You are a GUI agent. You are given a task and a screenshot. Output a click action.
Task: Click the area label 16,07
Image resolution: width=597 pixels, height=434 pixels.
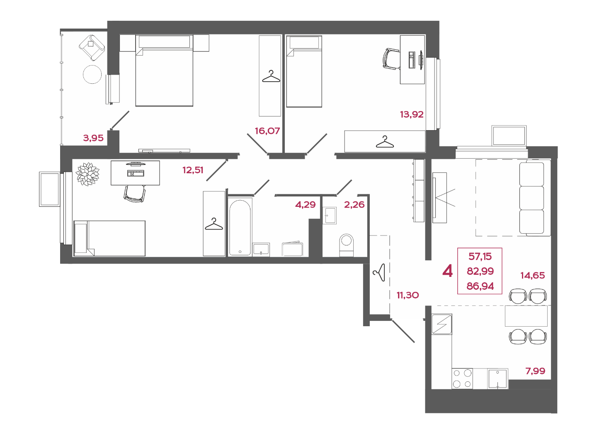pos(267,131)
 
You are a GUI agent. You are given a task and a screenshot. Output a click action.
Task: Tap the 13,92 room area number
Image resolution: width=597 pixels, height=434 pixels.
pos(412,114)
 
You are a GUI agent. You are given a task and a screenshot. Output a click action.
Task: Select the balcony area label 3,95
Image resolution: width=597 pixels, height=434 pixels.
pos(93,138)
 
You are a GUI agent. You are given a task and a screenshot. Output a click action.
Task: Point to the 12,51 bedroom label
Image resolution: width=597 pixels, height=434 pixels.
pos(193,170)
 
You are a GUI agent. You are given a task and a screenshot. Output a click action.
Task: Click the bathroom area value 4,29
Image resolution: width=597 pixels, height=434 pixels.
pos(306,205)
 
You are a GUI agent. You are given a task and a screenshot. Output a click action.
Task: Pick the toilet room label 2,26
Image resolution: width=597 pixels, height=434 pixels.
pos(354,205)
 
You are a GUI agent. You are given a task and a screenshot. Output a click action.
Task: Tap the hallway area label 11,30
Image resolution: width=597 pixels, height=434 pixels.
pos(408,295)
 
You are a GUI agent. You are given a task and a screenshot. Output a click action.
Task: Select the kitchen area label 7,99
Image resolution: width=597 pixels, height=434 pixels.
pos(536,371)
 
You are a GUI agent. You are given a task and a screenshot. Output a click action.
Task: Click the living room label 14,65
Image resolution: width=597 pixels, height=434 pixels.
pos(533,275)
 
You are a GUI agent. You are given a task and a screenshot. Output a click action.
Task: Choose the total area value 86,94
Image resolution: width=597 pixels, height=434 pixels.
pos(480,286)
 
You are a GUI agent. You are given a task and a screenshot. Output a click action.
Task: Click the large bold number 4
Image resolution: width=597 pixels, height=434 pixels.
pos(447,272)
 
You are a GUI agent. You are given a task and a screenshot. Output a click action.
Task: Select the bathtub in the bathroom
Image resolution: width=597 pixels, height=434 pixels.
pos(240,228)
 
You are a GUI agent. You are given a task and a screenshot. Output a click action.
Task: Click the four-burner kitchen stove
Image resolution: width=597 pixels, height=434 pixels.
pos(462,378)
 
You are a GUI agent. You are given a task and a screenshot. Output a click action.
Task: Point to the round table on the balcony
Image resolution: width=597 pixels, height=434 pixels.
pos(92,74)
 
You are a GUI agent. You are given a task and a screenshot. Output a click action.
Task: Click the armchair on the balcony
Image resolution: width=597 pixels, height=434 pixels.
pos(92,48)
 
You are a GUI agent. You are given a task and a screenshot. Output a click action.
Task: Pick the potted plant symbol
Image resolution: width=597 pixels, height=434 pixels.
pos(87,174)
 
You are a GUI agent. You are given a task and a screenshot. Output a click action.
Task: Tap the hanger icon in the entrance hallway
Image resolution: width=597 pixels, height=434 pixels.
pos(379,273)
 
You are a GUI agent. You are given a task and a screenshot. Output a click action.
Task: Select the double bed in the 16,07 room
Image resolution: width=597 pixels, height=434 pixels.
pos(164,70)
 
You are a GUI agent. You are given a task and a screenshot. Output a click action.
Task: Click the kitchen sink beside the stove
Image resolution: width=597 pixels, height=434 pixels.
pos(498,378)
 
